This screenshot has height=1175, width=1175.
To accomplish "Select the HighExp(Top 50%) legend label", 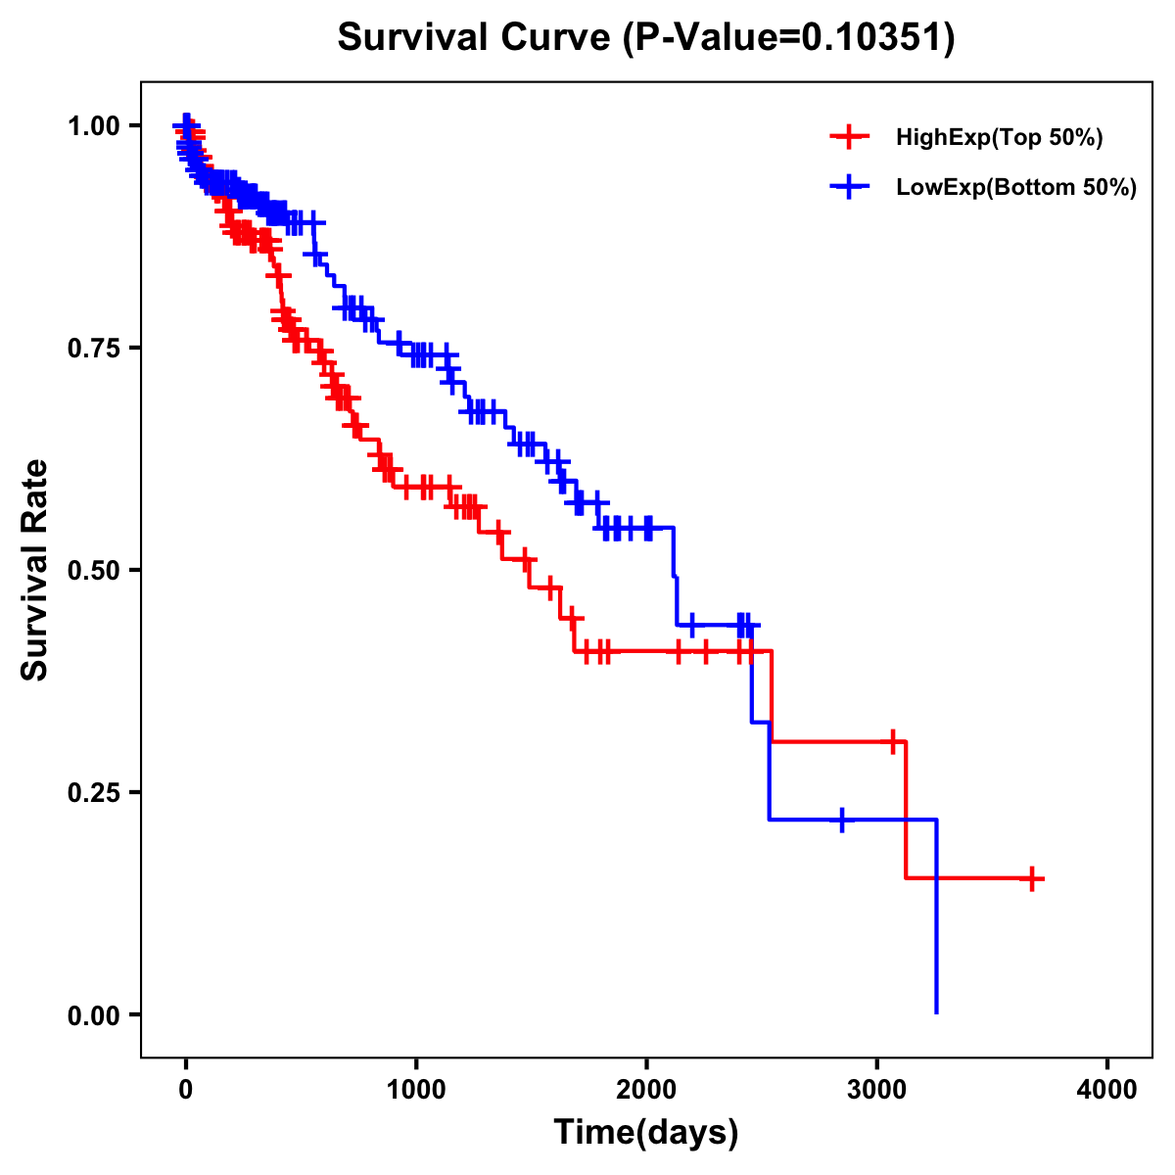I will pyautogui.click(x=999, y=138).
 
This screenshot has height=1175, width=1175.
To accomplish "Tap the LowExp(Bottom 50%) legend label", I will pyautogui.click(x=1015, y=187).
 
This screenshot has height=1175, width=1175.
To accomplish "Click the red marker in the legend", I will pyautogui.click(x=849, y=137).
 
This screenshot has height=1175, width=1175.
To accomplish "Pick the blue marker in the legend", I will pyautogui.click(x=849, y=186).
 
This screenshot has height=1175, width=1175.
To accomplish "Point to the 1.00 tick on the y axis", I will pyautogui.click(x=95, y=125).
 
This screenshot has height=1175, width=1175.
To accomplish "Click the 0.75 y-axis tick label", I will pyautogui.click(x=95, y=348).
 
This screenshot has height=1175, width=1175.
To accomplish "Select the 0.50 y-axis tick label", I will pyautogui.click(x=95, y=570).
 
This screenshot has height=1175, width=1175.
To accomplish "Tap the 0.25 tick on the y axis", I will pyautogui.click(x=95, y=792).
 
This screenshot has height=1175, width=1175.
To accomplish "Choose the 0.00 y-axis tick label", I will pyautogui.click(x=95, y=1014).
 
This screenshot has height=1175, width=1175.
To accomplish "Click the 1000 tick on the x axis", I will pyautogui.click(x=416, y=1090).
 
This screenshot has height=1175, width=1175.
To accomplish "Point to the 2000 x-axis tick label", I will pyautogui.click(x=646, y=1090).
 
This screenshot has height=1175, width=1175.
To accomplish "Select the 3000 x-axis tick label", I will pyautogui.click(x=877, y=1090).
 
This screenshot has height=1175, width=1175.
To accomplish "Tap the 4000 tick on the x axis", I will pyautogui.click(x=1107, y=1090).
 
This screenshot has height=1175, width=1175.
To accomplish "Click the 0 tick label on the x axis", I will pyautogui.click(x=186, y=1090).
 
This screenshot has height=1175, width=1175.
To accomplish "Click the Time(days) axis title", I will pyautogui.click(x=646, y=1133).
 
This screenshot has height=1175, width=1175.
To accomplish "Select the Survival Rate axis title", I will pyautogui.click(x=35, y=570).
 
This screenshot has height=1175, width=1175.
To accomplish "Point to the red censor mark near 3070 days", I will pyautogui.click(x=893, y=741).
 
